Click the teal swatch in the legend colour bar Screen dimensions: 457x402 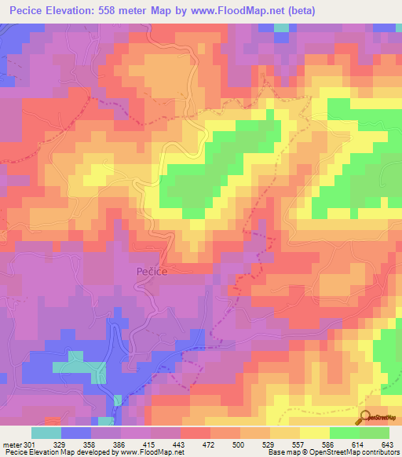coord(46,433)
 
